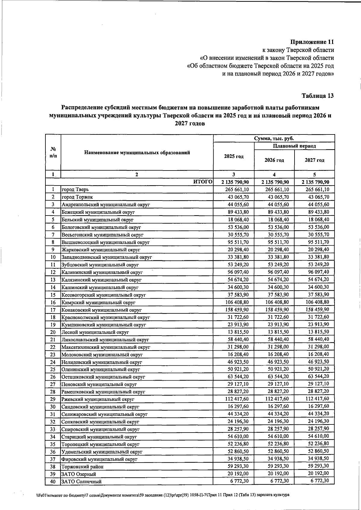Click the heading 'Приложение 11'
312,42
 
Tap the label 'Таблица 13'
318,96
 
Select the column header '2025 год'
234,157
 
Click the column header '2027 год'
314,160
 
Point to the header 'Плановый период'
295,146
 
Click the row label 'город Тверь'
75,190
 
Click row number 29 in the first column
53,399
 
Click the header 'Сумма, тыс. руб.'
274,138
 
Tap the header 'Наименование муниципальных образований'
137,153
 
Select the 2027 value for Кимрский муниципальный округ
315,302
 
